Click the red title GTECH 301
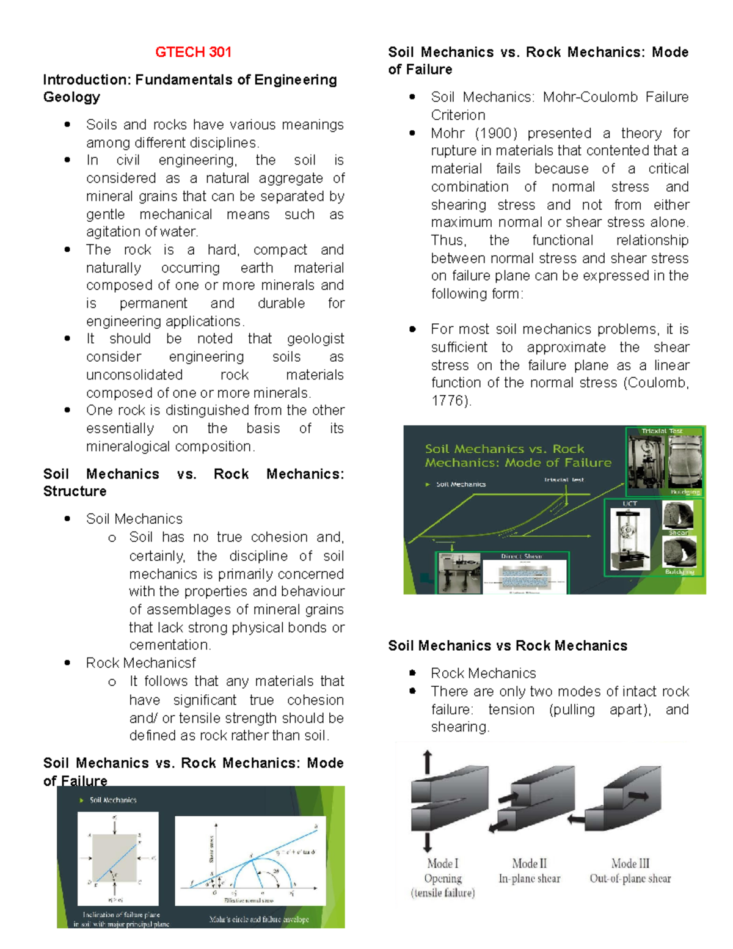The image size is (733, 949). click(193, 53)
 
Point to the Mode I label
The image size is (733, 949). click(443, 863)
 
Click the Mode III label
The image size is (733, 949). click(630, 863)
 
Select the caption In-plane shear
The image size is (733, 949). click(529, 879)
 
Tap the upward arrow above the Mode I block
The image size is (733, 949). click(428, 761)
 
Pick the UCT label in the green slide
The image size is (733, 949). click(630, 504)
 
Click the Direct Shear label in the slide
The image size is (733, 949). click(521, 556)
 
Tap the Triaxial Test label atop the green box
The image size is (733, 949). click(662, 431)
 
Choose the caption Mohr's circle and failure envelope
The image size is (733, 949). click(259, 919)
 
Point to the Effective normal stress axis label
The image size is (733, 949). click(249, 901)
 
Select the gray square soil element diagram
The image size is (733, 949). click(115, 857)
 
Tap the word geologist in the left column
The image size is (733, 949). click(315, 339)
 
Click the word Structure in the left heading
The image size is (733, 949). click(75, 491)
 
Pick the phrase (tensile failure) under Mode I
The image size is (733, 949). click(443, 893)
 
